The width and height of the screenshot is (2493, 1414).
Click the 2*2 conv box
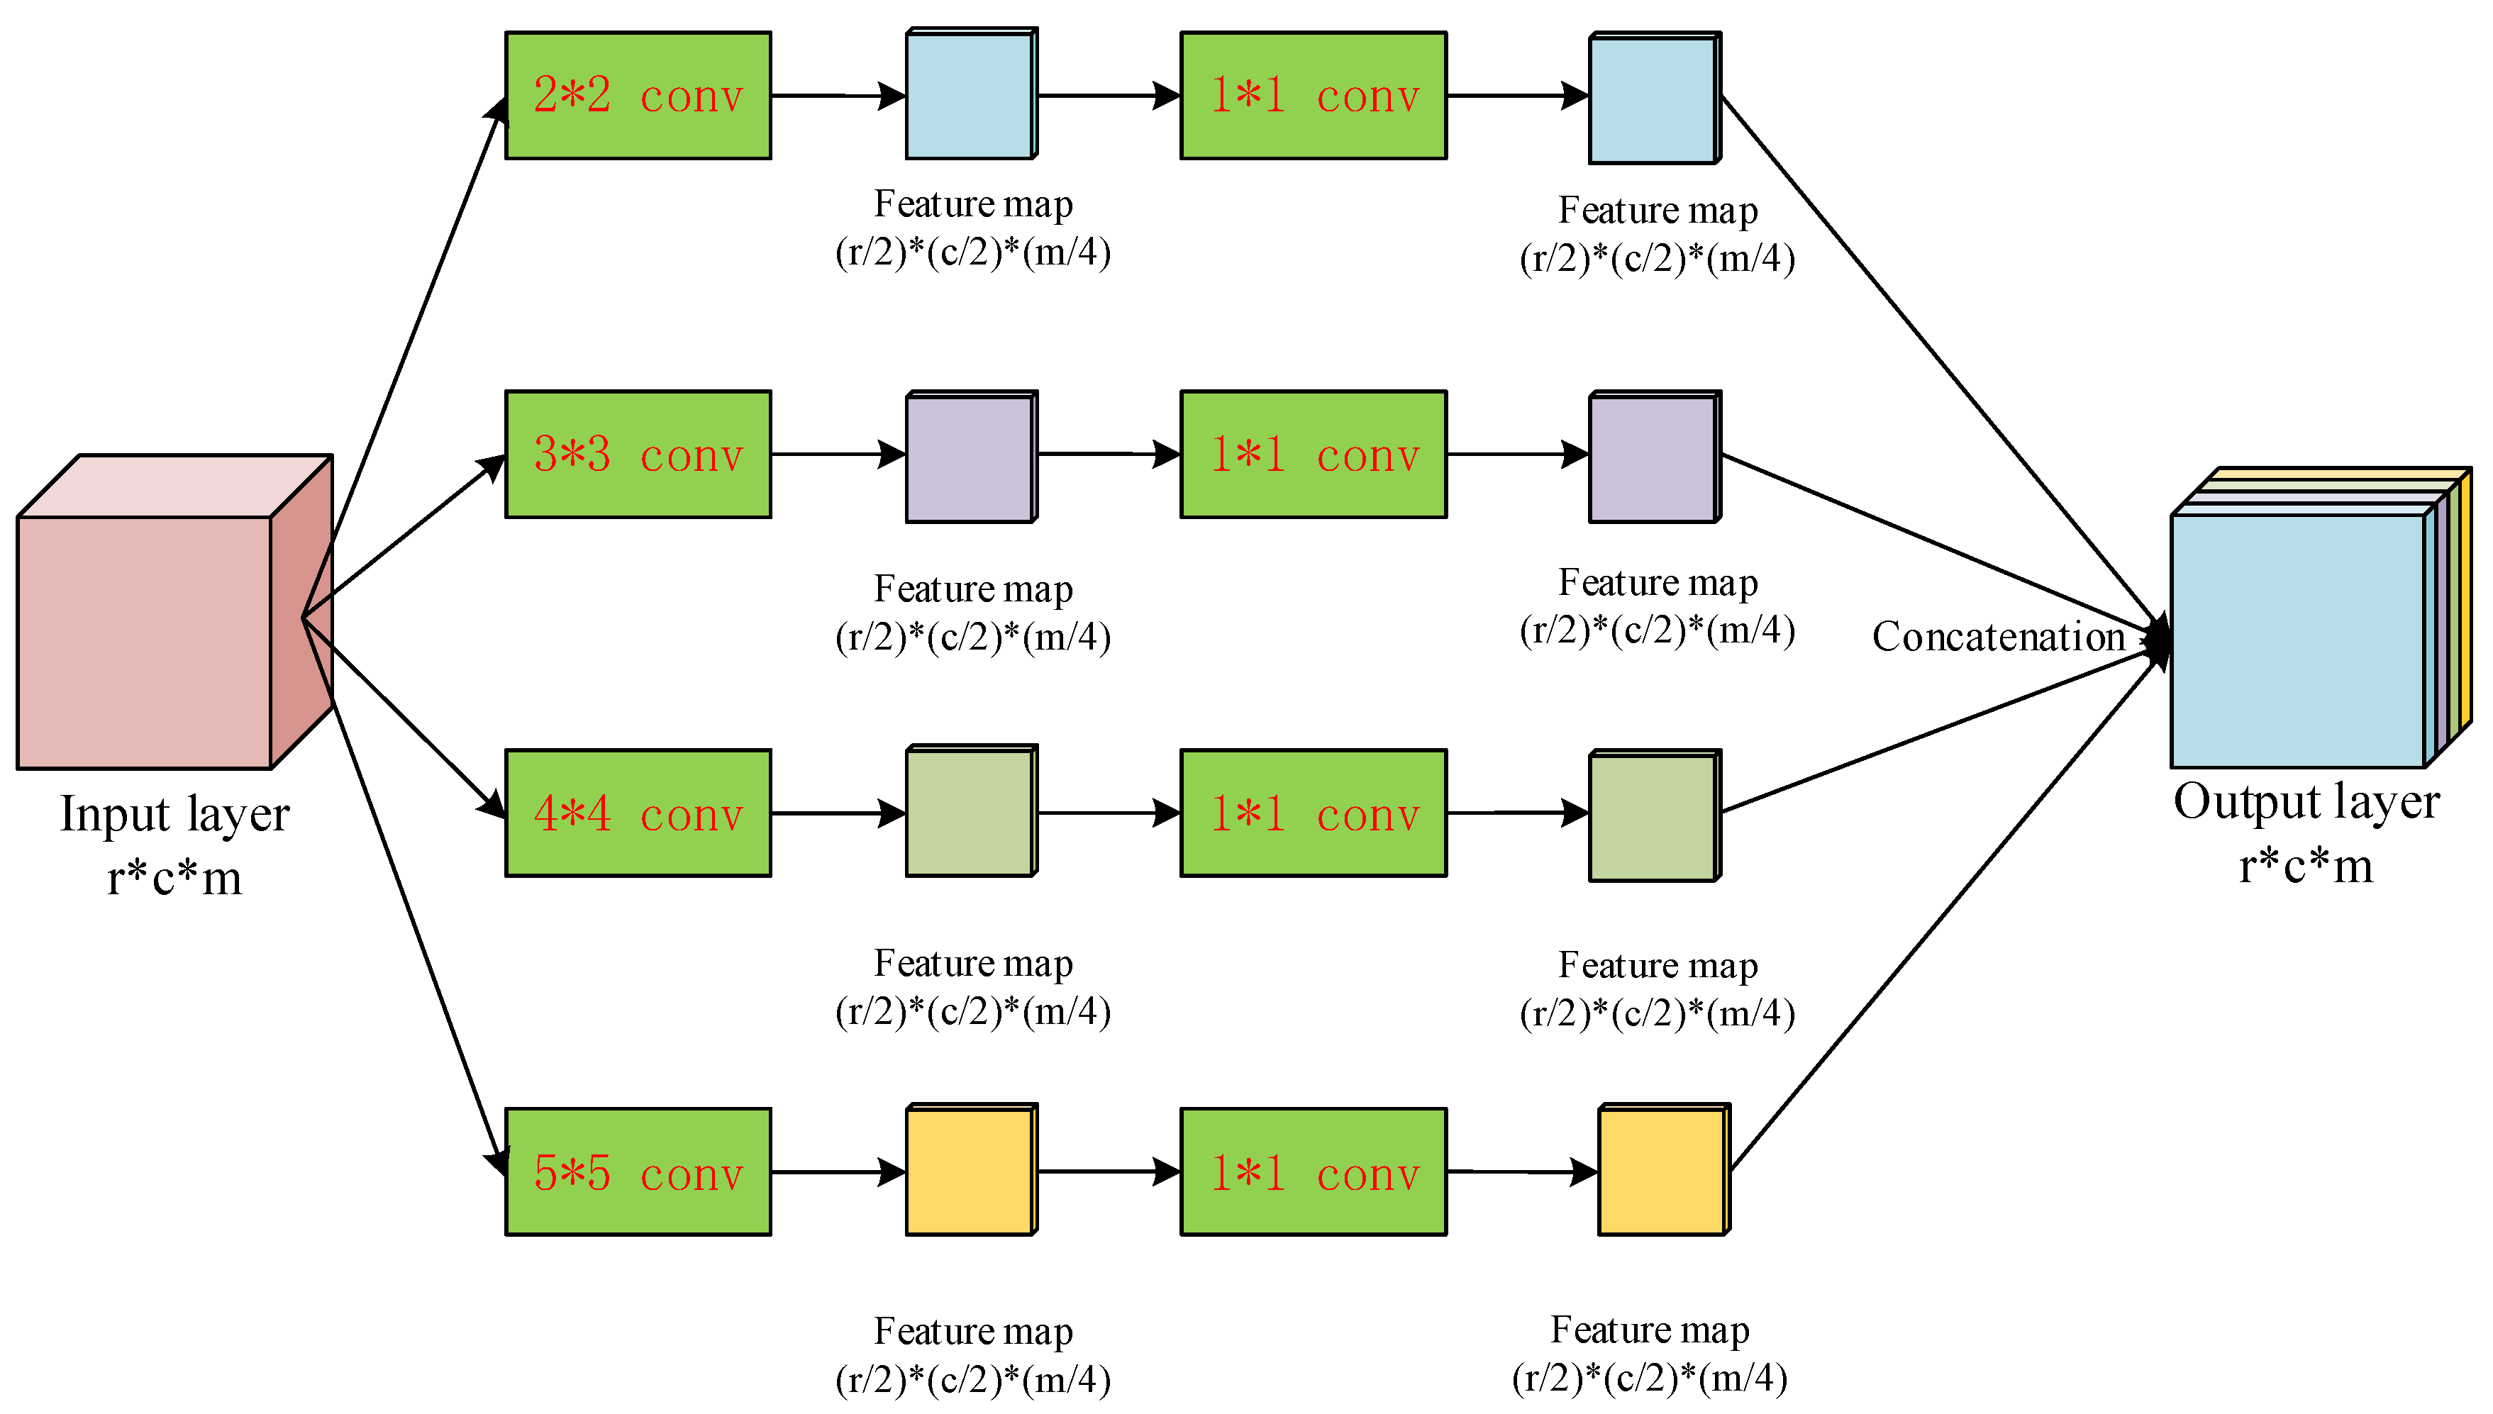point(638,95)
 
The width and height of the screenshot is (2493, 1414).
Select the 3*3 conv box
point(638,455)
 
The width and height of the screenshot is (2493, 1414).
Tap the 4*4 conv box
point(638,813)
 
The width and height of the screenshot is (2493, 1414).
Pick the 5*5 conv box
point(638,1172)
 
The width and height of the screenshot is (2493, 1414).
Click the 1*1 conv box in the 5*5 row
point(1313,1172)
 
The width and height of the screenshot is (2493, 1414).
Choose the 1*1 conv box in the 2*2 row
point(1313,95)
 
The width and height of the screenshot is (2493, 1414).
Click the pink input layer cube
point(174,612)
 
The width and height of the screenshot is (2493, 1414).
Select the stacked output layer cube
point(2321,618)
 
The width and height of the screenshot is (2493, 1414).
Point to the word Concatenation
point(1999,637)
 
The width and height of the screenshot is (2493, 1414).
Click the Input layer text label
point(174,814)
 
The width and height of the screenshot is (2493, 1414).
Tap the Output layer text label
point(2306,802)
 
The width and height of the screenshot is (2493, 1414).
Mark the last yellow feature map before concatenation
point(1665,1169)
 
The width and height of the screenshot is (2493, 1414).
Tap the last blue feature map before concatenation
point(1655,98)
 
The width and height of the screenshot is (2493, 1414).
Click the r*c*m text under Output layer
point(2306,864)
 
